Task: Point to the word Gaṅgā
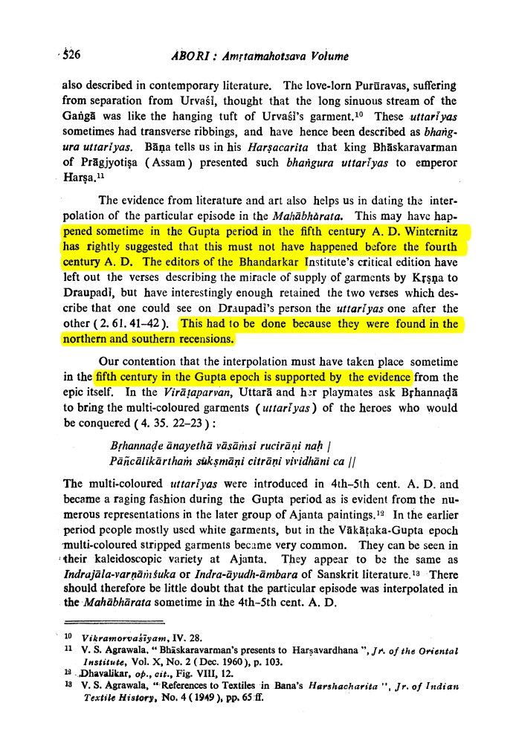click(x=77, y=117)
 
